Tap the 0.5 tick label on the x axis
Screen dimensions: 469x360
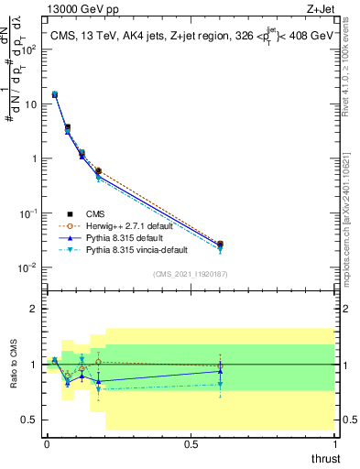(x=191, y=442)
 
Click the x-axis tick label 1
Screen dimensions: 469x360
(x=335, y=442)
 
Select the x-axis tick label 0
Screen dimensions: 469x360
(x=47, y=442)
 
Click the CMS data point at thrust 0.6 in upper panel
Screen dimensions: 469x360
(x=220, y=245)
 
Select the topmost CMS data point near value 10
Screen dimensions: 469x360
(x=55, y=94)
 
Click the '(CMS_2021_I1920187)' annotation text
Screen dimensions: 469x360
(x=190, y=273)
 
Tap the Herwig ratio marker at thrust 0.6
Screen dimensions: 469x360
(x=220, y=366)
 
